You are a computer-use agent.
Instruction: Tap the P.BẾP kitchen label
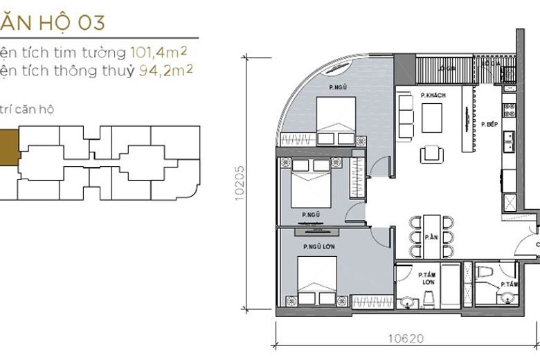coord(491,123)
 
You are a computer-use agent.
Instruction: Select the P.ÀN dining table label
coord(431,236)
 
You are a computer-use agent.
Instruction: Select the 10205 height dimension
coord(240,183)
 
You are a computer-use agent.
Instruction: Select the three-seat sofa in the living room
coord(406,112)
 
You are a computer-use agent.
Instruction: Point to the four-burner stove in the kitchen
coord(509,109)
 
